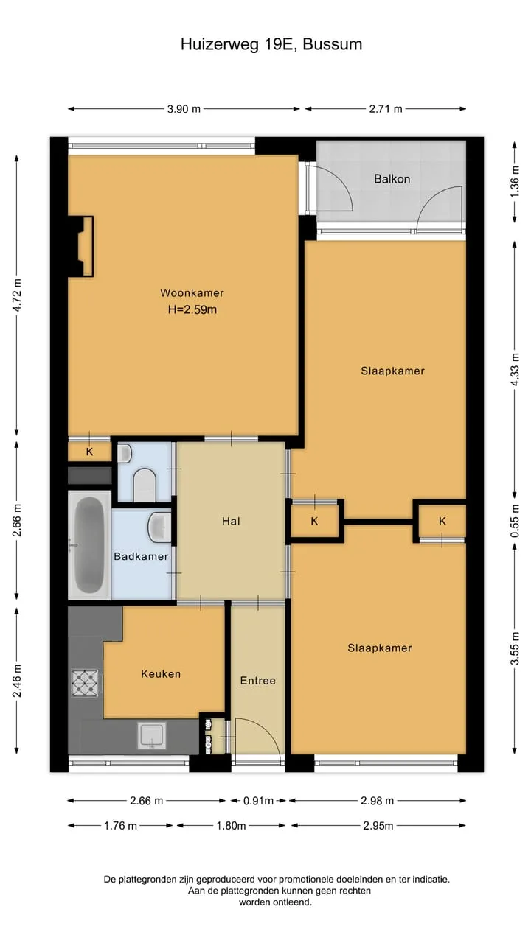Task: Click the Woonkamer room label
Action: click(x=192, y=292)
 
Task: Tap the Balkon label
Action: click(x=392, y=179)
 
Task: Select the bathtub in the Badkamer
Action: click(x=89, y=544)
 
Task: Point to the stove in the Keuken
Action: click(x=85, y=682)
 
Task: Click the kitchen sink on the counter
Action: click(x=152, y=735)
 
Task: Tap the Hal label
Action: click(x=231, y=521)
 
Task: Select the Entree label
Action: click(x=258, y=680)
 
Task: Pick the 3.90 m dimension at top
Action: click(x=184, y=109)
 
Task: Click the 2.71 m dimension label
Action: click(x=386, y=109)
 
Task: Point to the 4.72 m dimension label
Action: click(x=17, y=295)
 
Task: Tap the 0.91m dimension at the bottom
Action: click(x=258, y=800)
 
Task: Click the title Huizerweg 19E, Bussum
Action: click(x=271, y=44)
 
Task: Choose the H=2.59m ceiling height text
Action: click(x=192, y=310)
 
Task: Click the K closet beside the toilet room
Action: click(x=89, y=452)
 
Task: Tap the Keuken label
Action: click(x=161, y=673)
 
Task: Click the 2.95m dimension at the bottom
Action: click(x=378, y=826)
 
